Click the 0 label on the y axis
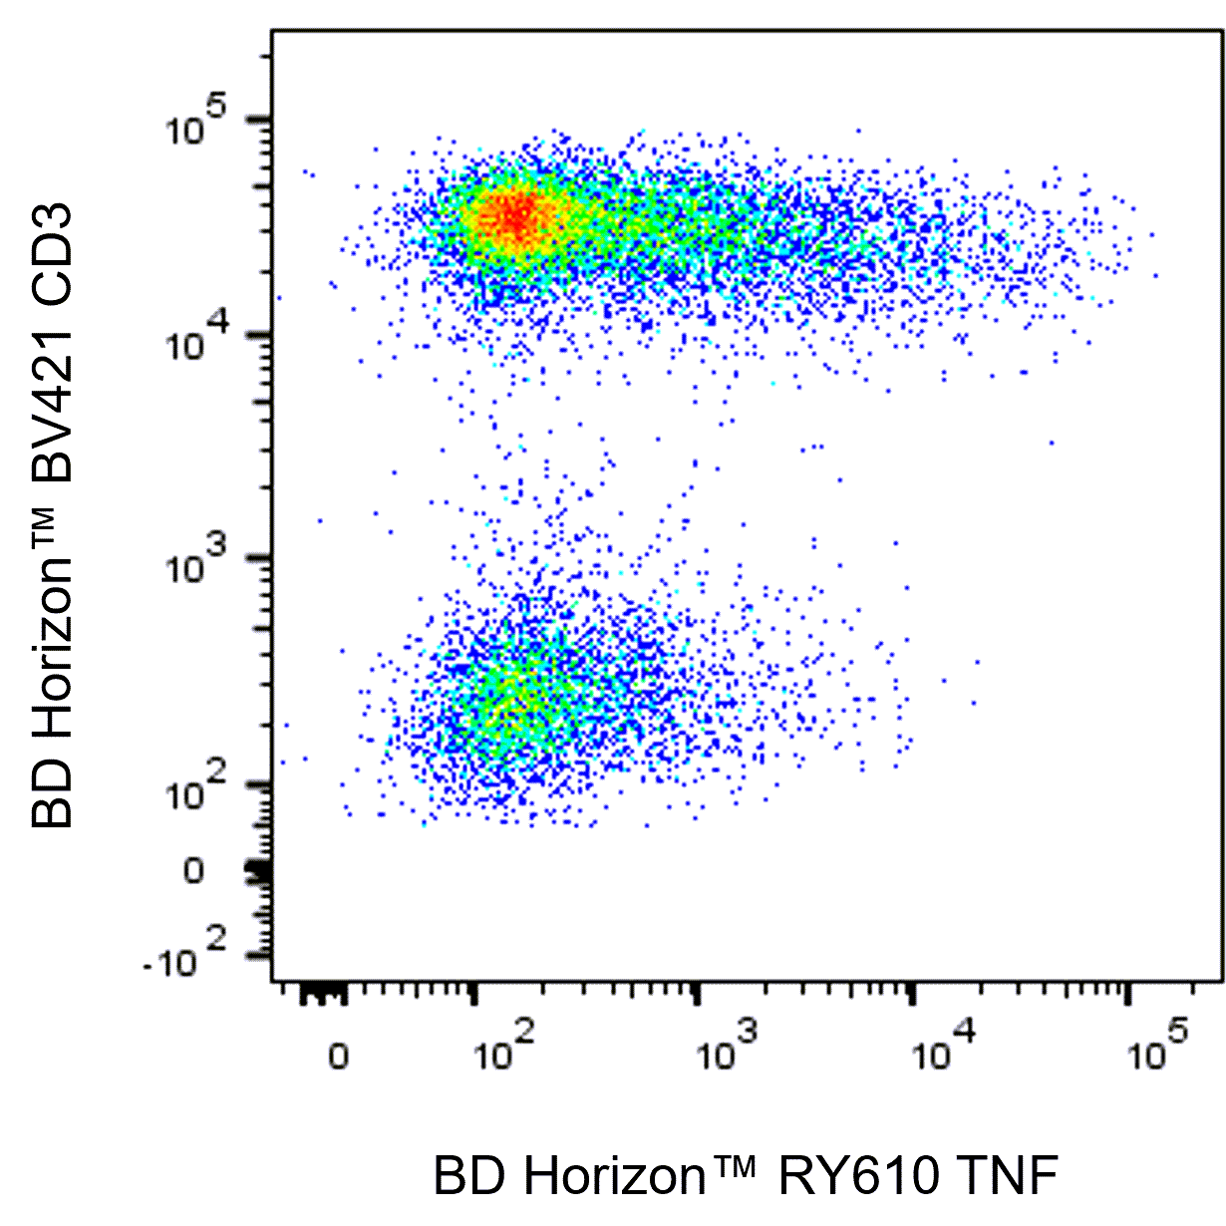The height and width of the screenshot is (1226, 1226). tap(192, 871)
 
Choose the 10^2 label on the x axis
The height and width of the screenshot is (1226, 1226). tap(504, 1049)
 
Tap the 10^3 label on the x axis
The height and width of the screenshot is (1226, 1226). tap(727, 1049)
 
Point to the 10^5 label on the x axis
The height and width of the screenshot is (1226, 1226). tap(1159, 1049)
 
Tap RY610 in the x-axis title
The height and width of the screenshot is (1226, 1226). tap(858, 1176)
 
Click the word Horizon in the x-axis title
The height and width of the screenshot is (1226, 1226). tap(614, 1176)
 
